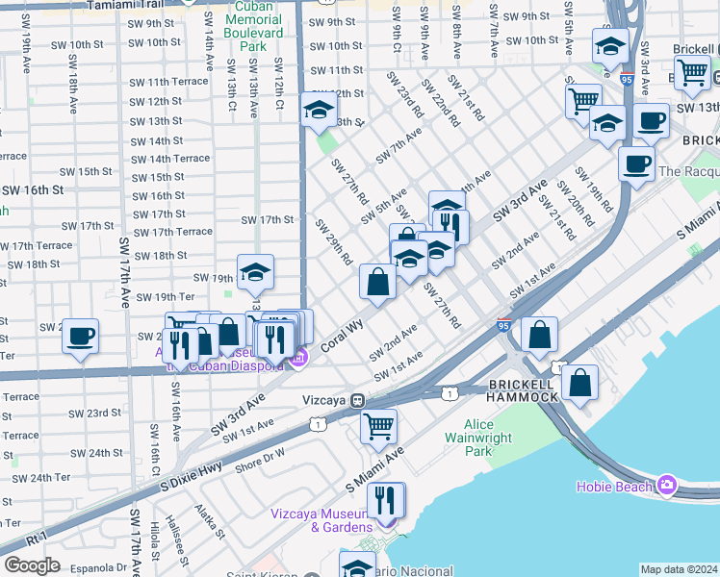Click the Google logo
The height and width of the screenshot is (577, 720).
(33, 564)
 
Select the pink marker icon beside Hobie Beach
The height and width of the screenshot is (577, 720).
(667, 486)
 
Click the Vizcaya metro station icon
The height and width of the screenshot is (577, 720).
(356, 399)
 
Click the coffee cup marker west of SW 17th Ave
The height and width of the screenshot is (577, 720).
(80, 337)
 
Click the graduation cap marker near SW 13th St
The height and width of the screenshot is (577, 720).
(319, 112)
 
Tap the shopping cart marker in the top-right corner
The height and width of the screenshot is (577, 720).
(692, 71)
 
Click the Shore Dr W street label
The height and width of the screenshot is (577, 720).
(261, 455)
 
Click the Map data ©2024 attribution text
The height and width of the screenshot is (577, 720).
(679, 569)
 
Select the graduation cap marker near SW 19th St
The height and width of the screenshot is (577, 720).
(255, 273)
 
